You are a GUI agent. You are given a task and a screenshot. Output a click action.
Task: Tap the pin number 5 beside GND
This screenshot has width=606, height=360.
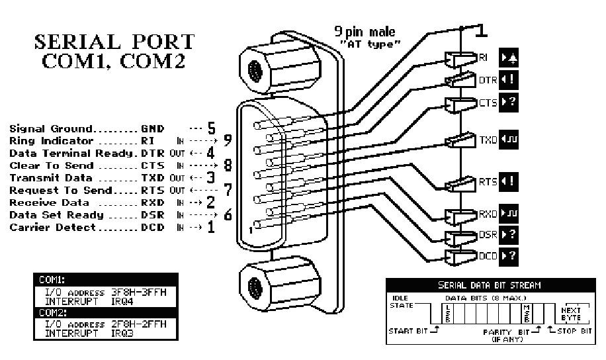pos(212,126)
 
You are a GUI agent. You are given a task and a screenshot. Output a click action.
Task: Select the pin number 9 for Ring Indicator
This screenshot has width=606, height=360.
pos(228,140)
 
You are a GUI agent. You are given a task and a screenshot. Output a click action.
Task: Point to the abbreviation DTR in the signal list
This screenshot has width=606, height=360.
pos(151,152)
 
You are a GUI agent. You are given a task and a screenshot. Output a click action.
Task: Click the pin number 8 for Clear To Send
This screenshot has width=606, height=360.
pos(228,164)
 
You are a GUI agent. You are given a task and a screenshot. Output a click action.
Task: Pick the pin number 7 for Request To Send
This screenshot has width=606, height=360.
pos(228,189)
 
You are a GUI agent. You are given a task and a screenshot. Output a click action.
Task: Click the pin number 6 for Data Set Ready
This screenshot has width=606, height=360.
pos(228,214)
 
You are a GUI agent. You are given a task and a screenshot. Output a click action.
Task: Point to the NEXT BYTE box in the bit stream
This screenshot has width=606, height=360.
pos(572,312)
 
